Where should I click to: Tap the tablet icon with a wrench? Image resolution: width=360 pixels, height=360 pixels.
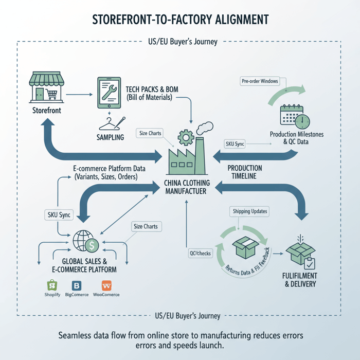pyautogui.click(x=109, y=93)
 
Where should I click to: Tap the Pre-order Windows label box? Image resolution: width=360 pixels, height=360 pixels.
pyautogui.click(x=260, y=81)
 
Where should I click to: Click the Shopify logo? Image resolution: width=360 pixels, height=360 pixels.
pyautogui.click(x=51, y=285)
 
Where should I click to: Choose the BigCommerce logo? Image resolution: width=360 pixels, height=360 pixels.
pyautogui.click(x=77, y=285)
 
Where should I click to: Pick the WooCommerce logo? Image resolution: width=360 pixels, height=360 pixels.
pyautogui.click(x=106, y=285)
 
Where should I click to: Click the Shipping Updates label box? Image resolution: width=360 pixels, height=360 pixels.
pyautogui.click(x=250, y=212)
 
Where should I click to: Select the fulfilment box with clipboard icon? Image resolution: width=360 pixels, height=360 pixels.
pyautogui.click(x=300, y=253)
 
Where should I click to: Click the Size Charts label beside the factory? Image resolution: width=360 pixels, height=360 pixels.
pyautogui.click(x=150, y=133)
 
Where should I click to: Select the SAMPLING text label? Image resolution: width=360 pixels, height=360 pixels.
pyautogui.click(x=110, y=137)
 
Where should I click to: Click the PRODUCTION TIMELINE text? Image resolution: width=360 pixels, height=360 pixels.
pyautogui.click(x=244, y=172)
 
